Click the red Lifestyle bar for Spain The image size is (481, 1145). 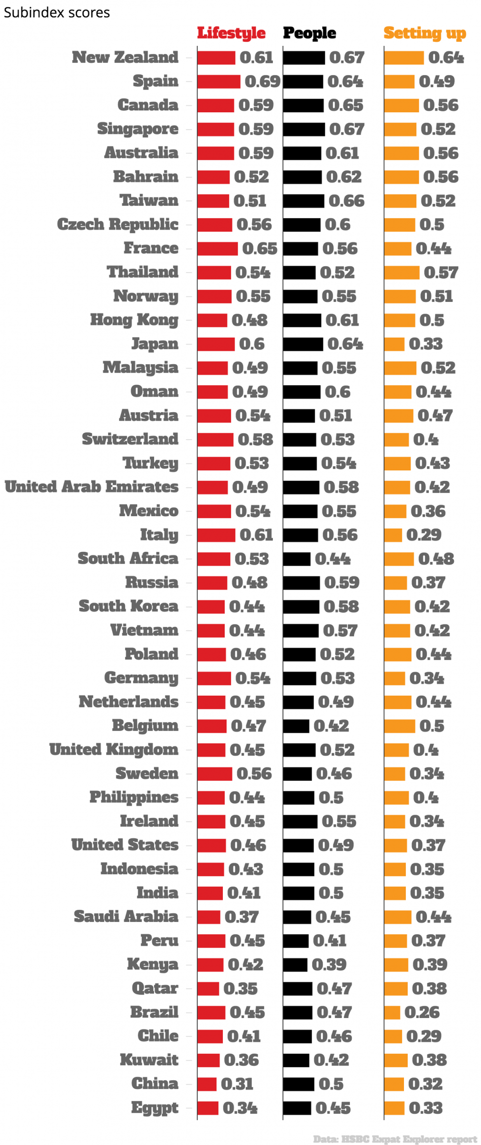219,81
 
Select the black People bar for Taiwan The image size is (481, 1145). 303,200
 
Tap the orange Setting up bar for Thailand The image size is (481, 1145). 401,272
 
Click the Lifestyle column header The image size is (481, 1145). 231,33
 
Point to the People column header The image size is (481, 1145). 310,33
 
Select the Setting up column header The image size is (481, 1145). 425,33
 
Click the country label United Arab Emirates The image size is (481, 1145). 92,487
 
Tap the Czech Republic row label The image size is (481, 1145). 118,224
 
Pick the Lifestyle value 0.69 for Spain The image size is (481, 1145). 263,81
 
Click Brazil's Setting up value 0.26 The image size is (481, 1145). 422,1012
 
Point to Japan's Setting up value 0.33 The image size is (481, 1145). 426,344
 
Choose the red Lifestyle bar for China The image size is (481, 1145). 207,1083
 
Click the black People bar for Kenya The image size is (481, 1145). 295,964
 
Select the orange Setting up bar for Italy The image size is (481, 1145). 393,535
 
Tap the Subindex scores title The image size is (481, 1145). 57,12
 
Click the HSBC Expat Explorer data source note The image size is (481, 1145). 395,1139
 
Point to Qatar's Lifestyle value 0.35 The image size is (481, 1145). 240,988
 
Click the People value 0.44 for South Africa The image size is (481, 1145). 333,559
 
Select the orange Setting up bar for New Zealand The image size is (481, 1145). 404,57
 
